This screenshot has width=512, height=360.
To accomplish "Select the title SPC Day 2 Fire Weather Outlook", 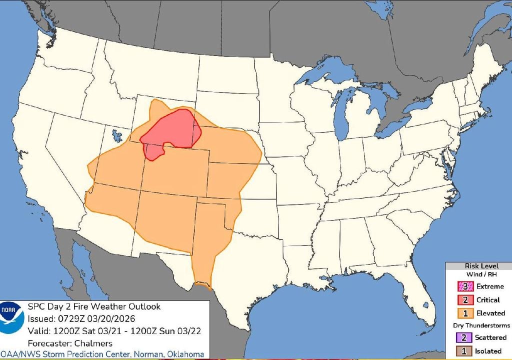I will pyautogui.click(x=94, y=306).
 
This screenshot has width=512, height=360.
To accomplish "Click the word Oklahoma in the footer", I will pyautogui.click(x=184, y=354).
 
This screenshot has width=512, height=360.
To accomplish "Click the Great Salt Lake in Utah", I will pyautogui.click(x=117, y=135).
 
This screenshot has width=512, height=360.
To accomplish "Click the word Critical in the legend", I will pyautogui.click(x=487, y=299).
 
